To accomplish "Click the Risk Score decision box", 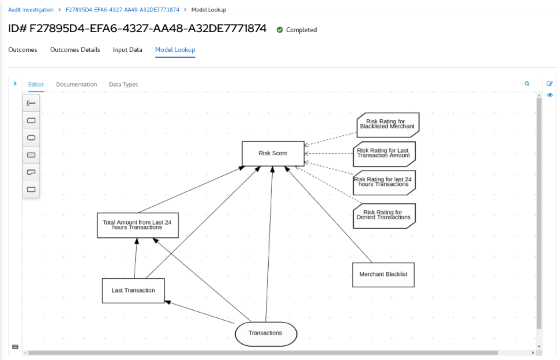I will point(273,153).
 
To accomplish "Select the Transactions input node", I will point(265,333).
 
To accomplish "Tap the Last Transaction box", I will point(133,290).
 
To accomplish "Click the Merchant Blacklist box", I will point(383,274).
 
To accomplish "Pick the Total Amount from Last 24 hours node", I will point(138,225).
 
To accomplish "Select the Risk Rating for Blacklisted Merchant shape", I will point(387,124).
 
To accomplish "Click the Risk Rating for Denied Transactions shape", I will point(384,215).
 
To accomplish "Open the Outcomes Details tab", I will point(75,50).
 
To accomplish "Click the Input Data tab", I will point(127,50).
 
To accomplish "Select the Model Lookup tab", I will point(175,50).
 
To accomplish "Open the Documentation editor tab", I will point(76,85).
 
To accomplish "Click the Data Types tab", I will point(123,85).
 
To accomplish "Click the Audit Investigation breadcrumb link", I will point(31,10).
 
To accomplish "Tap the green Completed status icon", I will point(280,30).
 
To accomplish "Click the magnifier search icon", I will point(527,84).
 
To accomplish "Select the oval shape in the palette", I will point(31,137).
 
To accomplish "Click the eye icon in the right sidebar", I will point(550,95).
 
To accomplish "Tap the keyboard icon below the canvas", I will point(15,347).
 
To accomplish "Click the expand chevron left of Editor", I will point(15,84).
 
